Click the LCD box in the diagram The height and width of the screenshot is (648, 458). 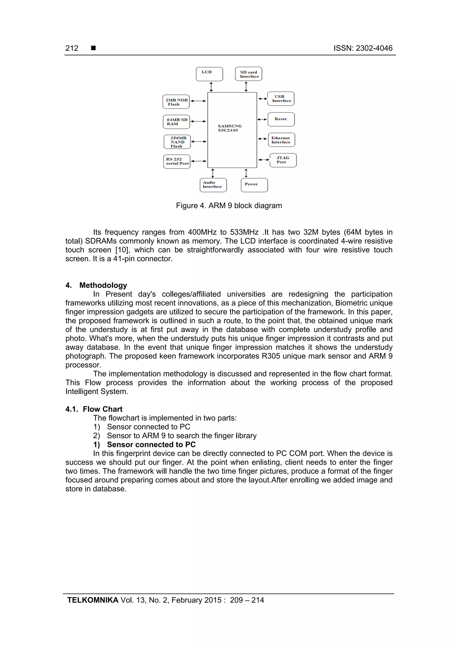pyautogui.click(x=209, y=74)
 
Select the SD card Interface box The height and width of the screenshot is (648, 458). pyautogui.click(x=248, y=74)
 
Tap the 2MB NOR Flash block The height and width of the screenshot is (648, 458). pyautogui.click(x=176, y=102)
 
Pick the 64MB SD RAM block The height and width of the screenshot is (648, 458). pyautogui.click(x=176, y=122)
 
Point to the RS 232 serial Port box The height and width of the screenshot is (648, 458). pyautogui.click(x=177, y=161)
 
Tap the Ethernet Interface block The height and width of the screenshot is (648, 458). pyautogui.click(x=281, y=140)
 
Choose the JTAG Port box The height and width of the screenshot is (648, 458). pyautogui.click(x=283, y=160)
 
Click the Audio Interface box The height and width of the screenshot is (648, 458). pyautogui.click(x=213, y=185)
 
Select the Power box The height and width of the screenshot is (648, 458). pyautogui.click(x=254, y=185)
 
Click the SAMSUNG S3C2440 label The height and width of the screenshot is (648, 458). pyautogui.click(x=229, y=128)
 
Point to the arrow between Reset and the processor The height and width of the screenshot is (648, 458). pyautogui.click(x=262, y=119)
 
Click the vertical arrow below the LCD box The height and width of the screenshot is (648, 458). pyautogui.click(x=211, y=87)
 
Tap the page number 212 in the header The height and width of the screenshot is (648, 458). pyautogui.click(x=72, y=48)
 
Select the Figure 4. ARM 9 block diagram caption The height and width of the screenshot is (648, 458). pyautogui.click(x=229, y=206)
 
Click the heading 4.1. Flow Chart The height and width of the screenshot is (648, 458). pyautogui.click(x=94, y=409)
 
